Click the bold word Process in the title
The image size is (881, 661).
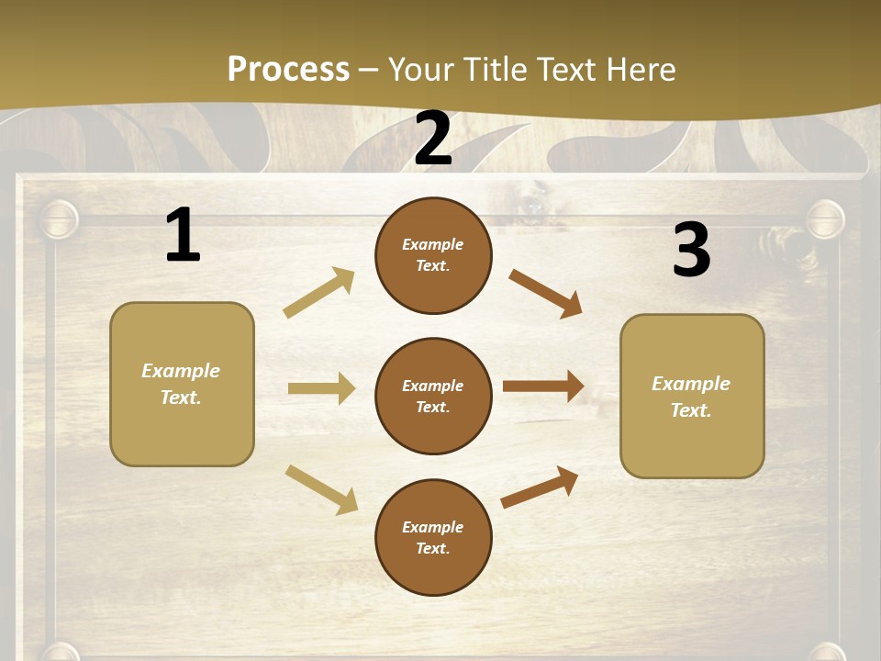click(x=288, y=69)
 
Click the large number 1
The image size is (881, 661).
click(x=183, y=235)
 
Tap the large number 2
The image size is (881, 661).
click(x=433, y=138)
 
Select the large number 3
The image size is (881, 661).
click(x=691, y=250)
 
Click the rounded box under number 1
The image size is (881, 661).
click(x=182, y=384)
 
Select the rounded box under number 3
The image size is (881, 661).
click(x=692, y=396)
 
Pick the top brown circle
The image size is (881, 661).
click(x=433, y=255)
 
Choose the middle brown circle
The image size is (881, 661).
click(x=433, y=396)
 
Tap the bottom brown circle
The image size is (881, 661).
click(x=433, y=537)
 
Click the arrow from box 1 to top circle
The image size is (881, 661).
click(x=319, y=292)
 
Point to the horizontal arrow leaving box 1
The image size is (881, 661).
click(x=321, y=388)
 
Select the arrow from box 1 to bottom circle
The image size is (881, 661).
click(x=321, y=489)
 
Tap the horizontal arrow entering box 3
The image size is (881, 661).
click(x=543, y=386)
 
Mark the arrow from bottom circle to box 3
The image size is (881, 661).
click(x=540, y=487)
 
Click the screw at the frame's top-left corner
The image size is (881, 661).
click(x=60, y=221)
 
